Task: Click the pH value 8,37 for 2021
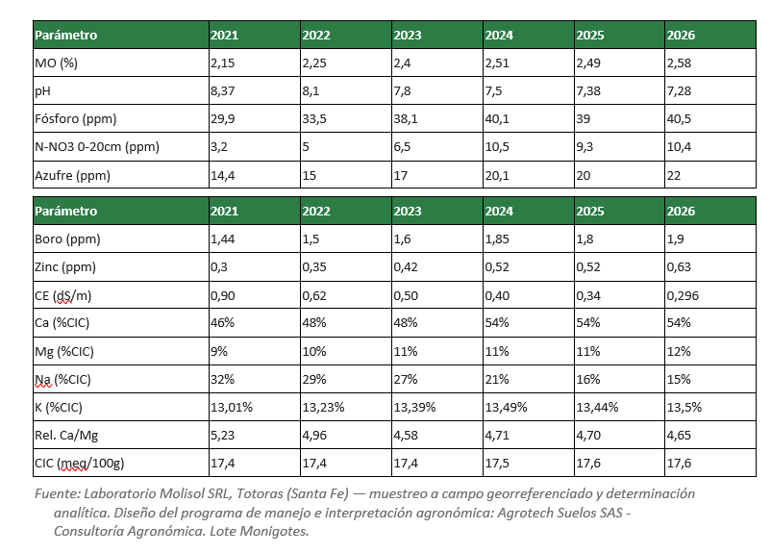223,91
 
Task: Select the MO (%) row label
56,63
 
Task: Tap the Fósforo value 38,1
406,119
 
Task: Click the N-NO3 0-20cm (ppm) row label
97,147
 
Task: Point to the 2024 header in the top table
499,36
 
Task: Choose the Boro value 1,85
497,239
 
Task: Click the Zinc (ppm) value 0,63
679,267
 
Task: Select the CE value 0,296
683,295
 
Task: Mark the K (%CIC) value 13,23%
323,408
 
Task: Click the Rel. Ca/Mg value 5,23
223,436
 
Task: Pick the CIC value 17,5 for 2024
497,464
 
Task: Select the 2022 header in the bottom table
316,211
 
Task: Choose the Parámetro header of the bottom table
66,211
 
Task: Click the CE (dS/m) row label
62,295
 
